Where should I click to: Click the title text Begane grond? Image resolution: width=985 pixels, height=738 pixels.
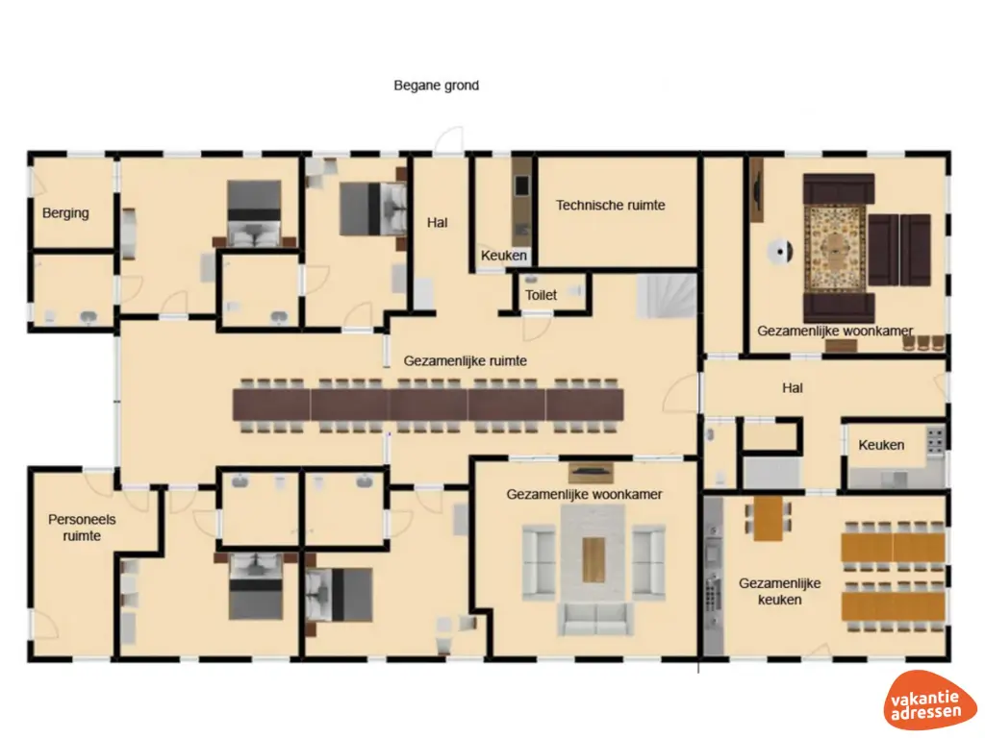coord(436,86)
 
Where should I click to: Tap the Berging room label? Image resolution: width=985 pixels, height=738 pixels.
coord(65,213)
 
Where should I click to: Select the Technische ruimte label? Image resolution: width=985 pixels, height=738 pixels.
coord(610,205)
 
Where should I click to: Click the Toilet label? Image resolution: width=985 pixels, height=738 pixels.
coord(541,296)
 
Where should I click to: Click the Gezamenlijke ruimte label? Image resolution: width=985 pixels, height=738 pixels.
coord(465,361)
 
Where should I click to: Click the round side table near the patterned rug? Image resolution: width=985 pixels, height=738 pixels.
coord(778,252)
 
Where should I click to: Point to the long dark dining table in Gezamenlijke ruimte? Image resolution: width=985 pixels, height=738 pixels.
coord(428,405)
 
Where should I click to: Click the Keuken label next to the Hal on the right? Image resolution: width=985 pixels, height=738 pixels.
coord(880,445)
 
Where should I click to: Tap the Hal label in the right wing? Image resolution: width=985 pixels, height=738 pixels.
coord(792,389)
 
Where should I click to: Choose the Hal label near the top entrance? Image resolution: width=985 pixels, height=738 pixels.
coord(438,223)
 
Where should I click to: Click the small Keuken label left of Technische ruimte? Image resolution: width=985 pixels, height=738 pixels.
coord(504,256)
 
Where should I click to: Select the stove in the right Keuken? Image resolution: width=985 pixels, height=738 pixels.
coord(934,443)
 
